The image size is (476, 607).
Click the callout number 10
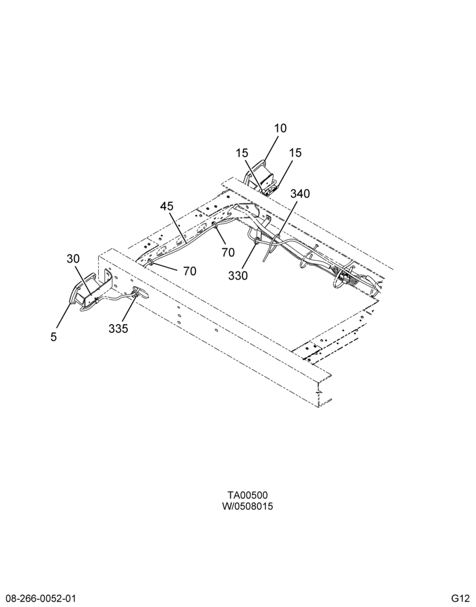point(280,128)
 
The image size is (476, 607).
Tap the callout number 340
point(300,194)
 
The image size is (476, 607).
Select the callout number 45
point(167,206)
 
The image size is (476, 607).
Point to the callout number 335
point(118,328)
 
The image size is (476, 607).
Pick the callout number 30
point(73,259)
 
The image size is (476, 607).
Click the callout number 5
point(53,337)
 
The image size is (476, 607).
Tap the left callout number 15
point(242,153)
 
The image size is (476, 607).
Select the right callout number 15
point(295,152)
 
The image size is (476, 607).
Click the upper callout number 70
point(228,253)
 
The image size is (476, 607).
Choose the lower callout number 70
point(190,271)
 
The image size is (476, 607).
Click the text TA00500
point(248,495)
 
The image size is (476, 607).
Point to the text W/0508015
point(248,506)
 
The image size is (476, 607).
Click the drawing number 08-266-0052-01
point(38,599)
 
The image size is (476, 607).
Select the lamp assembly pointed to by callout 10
point(260,178)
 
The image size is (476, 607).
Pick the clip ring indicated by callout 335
point(140,293)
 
